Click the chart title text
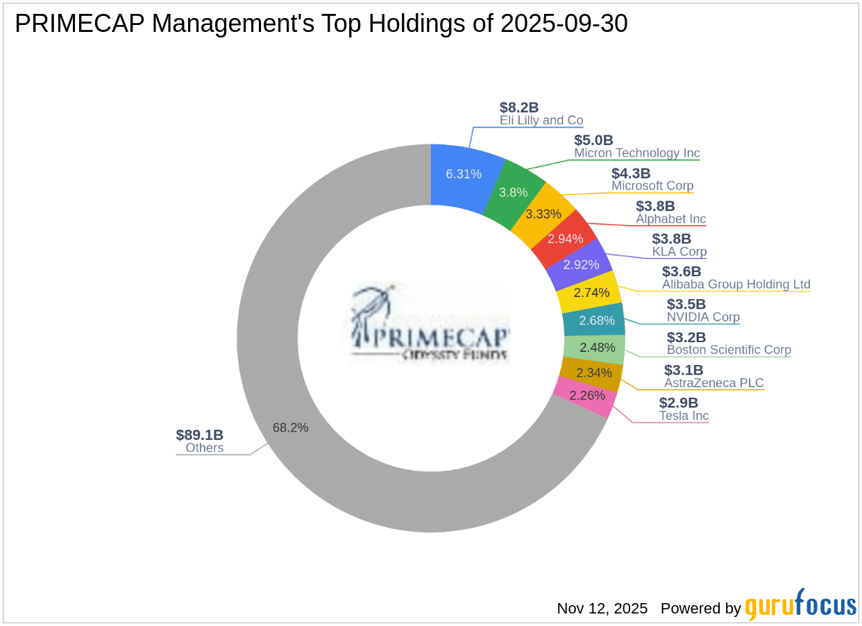[321, 24]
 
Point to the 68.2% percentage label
[290, 428]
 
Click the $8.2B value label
[519, 108]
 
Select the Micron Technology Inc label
[636, 153]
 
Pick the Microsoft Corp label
[652, 186]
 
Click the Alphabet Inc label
[670, 219]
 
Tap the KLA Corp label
[679, 251]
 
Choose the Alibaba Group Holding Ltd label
[736, 284]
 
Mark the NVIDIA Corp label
[703, 317]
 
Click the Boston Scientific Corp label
[729, 350]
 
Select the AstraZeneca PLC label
[713, 382]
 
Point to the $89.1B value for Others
[200, 435]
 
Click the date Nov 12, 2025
[602, 609]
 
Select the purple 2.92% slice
[581, 264]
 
